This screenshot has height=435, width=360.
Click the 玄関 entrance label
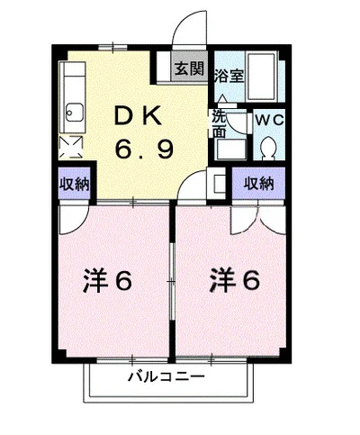tap(189, 68)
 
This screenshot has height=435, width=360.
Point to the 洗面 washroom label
tap(219, 122)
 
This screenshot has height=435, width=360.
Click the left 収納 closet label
tap(74, 184)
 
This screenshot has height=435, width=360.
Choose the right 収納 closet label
tap(259, 184)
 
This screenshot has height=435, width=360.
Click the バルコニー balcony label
tap(166, 376)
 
